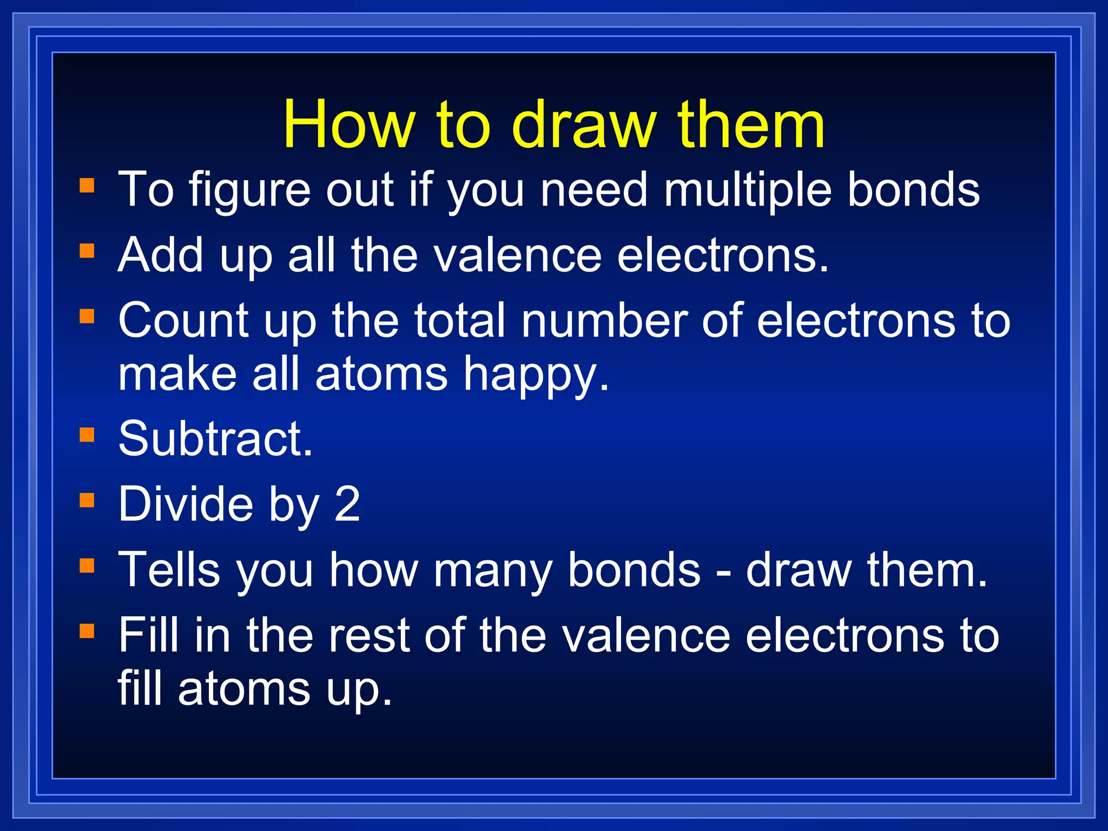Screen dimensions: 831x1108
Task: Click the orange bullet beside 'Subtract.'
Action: coord(87,435)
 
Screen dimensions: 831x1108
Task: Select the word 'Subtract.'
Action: coord(215,439)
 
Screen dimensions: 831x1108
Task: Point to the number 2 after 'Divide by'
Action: coord(347,504)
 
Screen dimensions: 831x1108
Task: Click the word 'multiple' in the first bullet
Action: coord(747,190)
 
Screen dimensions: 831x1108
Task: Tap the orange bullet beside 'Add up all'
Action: coord(87,251)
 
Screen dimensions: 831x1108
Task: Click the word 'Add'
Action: coord(161,255)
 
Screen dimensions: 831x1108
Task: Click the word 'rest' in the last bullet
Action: coord(375,635)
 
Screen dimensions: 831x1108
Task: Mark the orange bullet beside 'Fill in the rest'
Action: coord(87,631)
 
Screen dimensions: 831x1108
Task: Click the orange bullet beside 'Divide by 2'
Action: coord(87,500)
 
